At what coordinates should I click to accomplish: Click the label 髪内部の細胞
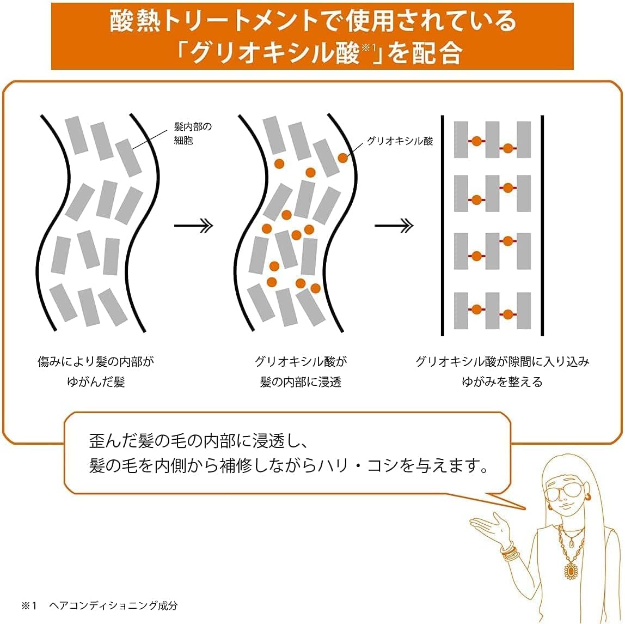[x=193, y=134]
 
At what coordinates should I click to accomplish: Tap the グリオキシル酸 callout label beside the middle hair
[x=400, y=141]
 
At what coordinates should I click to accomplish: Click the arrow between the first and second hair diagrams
[x=194, y=226]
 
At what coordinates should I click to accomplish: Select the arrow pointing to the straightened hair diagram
[x=394, y=226]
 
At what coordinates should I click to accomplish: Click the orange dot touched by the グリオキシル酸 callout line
[x=343, y=158]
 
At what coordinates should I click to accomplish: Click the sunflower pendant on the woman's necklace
[x=571, y=571]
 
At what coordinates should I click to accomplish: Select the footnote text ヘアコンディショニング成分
[x=113, y=605]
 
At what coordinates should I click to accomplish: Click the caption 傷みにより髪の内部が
[x=96, y=361]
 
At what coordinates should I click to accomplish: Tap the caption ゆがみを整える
[x=502, y=382]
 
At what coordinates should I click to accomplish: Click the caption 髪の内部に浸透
[x=301, y=382]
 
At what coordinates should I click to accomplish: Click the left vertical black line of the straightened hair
[x=443, y=226]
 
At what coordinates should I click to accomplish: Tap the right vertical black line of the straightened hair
[x=542, y=226]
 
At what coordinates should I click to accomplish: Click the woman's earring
[x=587, y=497]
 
